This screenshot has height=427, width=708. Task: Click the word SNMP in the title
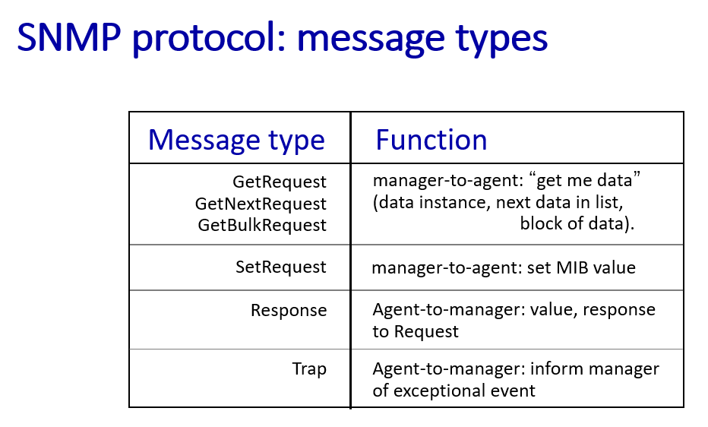click(x=69, y=37)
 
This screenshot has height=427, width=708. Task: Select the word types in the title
click(x=501, y=40)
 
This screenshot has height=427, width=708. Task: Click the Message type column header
click(x=236, y=141)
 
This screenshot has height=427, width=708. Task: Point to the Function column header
click(x=431, y=140)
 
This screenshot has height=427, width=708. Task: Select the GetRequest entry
click(x=279, y=182)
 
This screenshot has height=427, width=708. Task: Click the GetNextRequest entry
click(x=261, y=204)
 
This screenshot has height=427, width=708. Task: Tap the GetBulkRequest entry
click(x=262, y=225)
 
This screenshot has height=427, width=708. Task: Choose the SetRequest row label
click(x=280, y=267)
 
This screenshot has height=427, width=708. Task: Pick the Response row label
click(x=289, y=311)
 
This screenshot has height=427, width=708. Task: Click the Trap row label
click(x=309, y=369)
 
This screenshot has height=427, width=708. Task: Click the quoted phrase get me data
click(x=588, y=181)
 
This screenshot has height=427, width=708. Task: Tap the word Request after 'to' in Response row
click(x=426, y=332)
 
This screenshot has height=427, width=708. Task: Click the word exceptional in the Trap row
click(x=464, y=391)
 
